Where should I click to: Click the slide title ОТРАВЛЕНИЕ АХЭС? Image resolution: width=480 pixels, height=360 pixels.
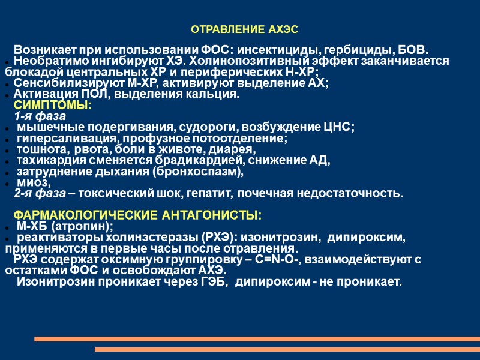(x=244, y=29)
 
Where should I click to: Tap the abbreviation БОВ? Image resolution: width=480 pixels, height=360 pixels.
(x=413, y=49)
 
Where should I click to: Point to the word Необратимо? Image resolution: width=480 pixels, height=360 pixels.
(x=44, y=61)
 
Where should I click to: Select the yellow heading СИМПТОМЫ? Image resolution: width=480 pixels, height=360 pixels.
(x=52, y=106)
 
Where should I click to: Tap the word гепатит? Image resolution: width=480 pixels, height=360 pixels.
(x=211, y=194)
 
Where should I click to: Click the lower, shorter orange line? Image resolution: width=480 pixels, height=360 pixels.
(x=287, y=349)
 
